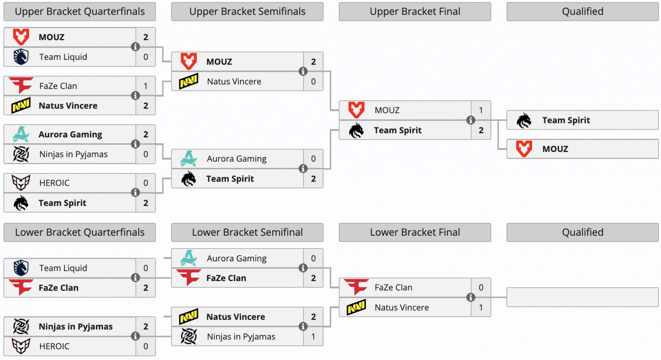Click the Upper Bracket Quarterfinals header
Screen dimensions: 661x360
(x=80, y=12)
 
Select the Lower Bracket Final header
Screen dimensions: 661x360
(x=415, y=232)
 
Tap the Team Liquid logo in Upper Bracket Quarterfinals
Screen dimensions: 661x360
(x=21, y=57)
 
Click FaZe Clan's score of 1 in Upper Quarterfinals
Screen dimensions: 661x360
(x=145, y=86)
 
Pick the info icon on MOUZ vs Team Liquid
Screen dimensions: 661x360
(x=135, y=47)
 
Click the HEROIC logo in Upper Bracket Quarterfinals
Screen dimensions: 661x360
(x=21, y=183)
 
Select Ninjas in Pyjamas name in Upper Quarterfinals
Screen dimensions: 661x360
(x=74, y=154)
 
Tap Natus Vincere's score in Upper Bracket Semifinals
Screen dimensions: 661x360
(x=314, y=81)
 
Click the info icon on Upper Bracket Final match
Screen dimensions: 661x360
(x=471, y=120)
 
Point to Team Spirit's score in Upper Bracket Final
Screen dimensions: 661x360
(x=481, y=130)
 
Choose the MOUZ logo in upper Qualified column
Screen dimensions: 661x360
(x=524, y=149)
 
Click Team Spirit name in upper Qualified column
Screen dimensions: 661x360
(x=566, y=120)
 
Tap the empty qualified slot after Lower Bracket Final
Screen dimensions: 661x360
(x=583, y=297)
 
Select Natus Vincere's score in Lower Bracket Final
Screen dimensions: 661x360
(x=481, y=308)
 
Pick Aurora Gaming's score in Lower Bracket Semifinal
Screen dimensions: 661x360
(x=314, y=258)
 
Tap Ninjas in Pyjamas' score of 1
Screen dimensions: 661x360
(x=314, y=336)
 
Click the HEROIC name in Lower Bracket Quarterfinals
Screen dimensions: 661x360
(x=54, y=346)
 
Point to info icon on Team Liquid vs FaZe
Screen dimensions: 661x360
(x=135, y=277)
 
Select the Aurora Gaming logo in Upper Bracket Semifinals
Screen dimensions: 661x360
(x=188, y=159)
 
